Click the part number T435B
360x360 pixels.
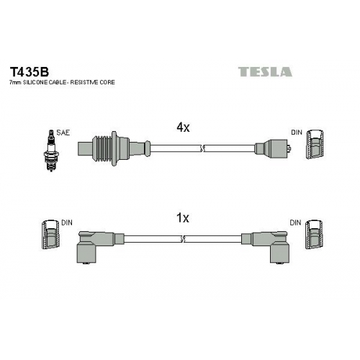[29, 71]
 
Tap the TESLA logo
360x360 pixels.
[265, 72]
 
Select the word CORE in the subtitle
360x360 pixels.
[107, 82]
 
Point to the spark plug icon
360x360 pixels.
[50, 150]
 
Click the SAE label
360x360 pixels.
[63, 132]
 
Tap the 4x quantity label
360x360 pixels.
[183, 127]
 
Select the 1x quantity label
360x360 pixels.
[183, 218]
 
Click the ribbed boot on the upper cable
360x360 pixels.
[105, 148]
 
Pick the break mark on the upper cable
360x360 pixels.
[202, 149]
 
